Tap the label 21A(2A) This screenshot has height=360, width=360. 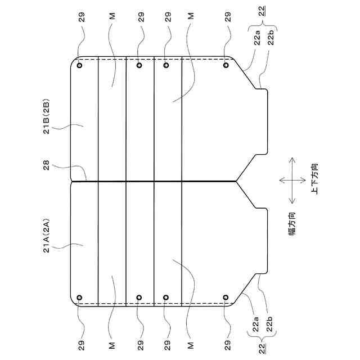click(47, 238)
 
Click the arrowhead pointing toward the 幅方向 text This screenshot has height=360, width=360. click(292, 201)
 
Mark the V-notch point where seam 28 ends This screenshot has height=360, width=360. click(236, 181)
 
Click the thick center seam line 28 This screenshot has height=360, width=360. click(152, 181)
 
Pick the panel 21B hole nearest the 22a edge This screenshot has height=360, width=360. click(226, 65)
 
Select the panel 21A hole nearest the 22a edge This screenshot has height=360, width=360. click(226, 297)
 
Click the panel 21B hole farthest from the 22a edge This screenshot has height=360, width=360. click(79, 65)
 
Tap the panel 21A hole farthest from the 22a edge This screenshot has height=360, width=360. click(79, 297)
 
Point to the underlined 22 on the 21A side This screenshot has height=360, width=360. click(262, 349)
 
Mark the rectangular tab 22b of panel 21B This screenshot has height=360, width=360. click(262, 121)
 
